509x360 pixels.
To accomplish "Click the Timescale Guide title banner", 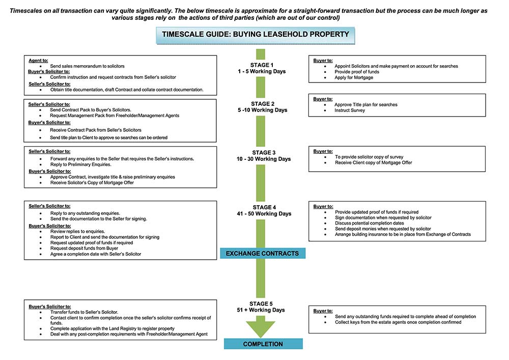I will coord(256,35).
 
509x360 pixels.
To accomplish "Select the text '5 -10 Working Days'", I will coord(262,110).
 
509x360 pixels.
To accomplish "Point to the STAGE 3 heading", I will coord(264,153).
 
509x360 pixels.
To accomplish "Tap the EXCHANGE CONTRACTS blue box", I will coord(262,253).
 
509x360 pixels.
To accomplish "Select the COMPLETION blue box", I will coord(263,344).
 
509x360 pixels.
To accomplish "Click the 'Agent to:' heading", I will coord(38,61).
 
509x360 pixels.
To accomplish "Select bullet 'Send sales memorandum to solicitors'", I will coord(87,66).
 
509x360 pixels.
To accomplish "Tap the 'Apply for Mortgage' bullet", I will coord(353,77).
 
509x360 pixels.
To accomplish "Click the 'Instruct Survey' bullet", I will coord(350,110).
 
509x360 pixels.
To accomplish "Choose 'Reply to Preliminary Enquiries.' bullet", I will coord(80,164).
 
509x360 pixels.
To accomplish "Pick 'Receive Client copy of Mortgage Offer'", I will coord(373,162).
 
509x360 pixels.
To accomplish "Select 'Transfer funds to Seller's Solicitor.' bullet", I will coord(84,312).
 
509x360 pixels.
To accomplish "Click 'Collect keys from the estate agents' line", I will coord(398,322).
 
